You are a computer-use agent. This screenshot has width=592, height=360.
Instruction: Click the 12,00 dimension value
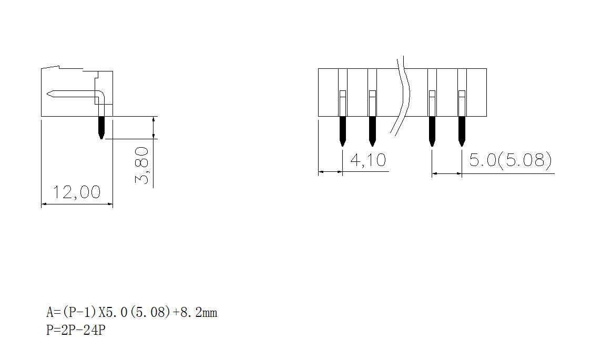tap(77, 192)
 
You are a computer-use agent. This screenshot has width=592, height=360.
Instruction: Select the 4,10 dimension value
tap(368, 160)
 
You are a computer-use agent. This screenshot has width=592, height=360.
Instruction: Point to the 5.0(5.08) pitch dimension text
tap(510, 160)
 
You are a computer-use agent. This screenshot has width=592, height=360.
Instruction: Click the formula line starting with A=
tap(131, 313)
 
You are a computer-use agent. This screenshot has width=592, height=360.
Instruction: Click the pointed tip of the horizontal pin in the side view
tap(49, 94)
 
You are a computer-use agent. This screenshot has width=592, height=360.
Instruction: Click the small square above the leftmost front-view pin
tap(342, 94)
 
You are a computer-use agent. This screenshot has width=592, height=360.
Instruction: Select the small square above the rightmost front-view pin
tap(462, 94)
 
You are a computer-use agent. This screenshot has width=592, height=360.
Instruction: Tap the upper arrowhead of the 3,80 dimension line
tap(153, 119)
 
